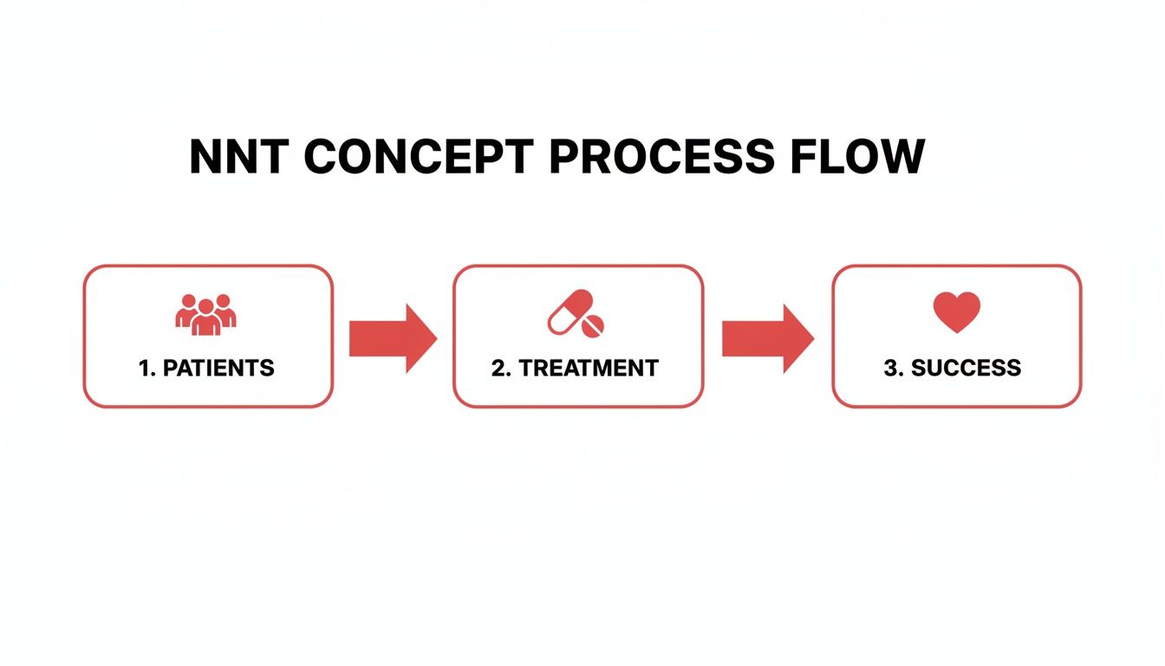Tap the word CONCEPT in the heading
(x=419, y=158)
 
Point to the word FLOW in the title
(x=856, y=158)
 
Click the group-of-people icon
(x=206, y=314)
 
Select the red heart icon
(x=956, y=312)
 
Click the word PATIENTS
(x=218, y=368)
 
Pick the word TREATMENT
(x=589, y=368)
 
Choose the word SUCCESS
(x=966, y=368)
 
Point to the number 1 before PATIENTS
(x=144, y=368)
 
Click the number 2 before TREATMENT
(x=498, y=368)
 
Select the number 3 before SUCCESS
(x=890, y=368)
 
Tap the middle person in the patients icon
(x=206, y=318)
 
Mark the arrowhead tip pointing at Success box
(x=812, y=338)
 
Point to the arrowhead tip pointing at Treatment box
(x=435, y=338)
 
